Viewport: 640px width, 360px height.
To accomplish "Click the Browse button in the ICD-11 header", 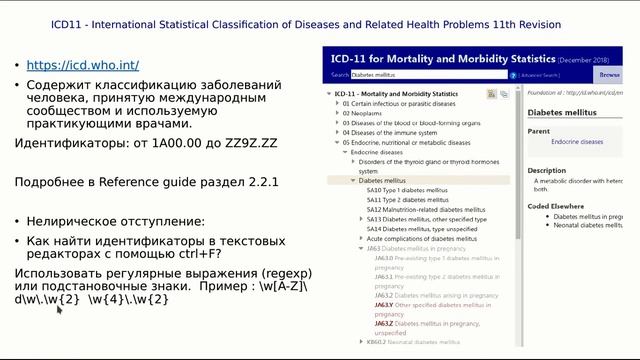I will click(x=609, y=74).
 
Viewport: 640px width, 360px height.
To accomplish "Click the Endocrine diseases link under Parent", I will click(x=577, y=142).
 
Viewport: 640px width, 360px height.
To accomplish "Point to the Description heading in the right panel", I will click(x=547, y=170).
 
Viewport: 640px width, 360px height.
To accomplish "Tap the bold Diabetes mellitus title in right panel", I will click(x=562, y=113).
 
